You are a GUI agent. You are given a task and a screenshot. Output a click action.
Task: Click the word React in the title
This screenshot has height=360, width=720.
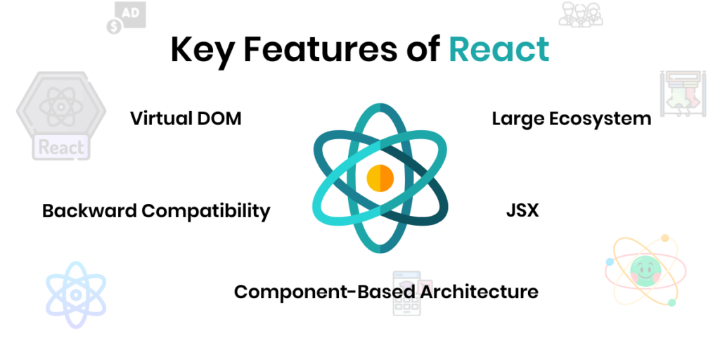point(499,50)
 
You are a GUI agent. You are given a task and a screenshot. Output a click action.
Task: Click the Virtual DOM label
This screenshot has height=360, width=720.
point(186,118)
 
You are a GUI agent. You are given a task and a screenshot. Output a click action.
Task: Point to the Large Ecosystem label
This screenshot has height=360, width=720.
point(571,118)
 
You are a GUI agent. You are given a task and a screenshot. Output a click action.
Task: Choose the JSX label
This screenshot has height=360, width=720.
point(522,210)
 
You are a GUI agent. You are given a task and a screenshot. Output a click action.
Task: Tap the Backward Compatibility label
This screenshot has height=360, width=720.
point(156,210)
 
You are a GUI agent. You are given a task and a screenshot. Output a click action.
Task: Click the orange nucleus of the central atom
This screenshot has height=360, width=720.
point(380,177)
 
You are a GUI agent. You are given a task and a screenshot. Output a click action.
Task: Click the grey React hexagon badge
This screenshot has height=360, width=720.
point(61,115)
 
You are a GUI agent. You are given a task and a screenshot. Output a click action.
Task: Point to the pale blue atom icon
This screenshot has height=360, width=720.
point(76,294)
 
